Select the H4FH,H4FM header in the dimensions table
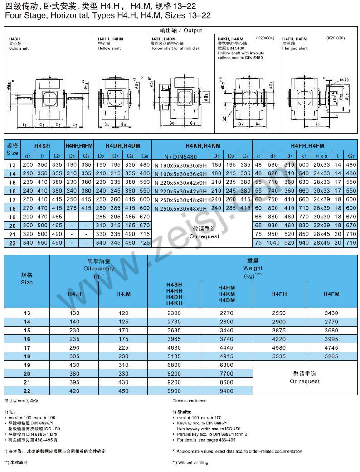click(x=307, y=145)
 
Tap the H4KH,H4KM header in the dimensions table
click(x=203, y=145)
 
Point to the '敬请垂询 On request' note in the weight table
click(x=305, y=377)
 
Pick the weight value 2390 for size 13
click(x=174, y=313)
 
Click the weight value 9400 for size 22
click(x=226, y=390)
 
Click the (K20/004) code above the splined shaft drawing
click(x=265, y=39)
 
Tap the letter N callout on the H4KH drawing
click(x=224, y=119)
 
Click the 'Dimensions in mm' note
click(x=189, y=401)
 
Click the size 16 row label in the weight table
click(x=27, y=339)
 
